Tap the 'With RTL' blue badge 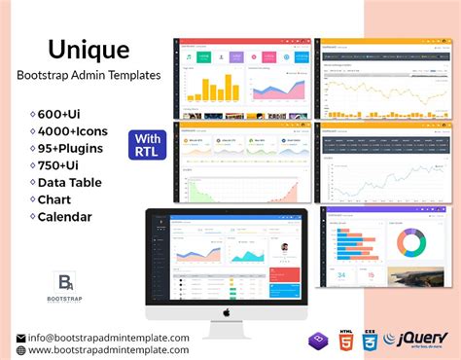click(149, 143)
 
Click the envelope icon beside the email click(20, 338)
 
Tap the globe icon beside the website click(20, 349)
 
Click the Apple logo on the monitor click(225, 312)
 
